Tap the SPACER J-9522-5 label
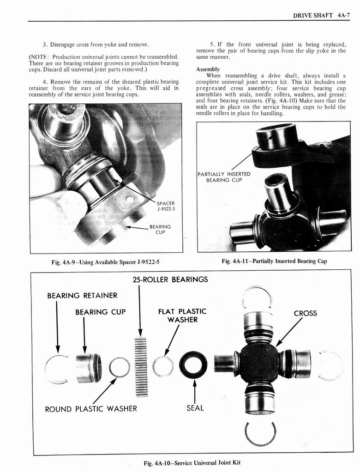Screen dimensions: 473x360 165,206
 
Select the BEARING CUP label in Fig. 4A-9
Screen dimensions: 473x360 160,229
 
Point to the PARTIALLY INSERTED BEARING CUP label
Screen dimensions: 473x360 224,177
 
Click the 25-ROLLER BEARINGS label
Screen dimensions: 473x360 170,279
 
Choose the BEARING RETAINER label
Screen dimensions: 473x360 82,295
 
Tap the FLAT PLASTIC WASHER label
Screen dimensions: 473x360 182,315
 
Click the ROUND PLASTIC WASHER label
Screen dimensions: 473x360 91,408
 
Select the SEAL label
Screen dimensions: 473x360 195,408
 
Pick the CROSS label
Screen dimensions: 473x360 305,313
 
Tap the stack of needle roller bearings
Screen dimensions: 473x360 140,367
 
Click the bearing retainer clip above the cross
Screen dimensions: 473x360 257,296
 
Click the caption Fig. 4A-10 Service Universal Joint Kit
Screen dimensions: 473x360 192,462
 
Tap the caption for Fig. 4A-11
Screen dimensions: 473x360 274,261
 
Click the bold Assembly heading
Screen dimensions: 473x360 208,69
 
